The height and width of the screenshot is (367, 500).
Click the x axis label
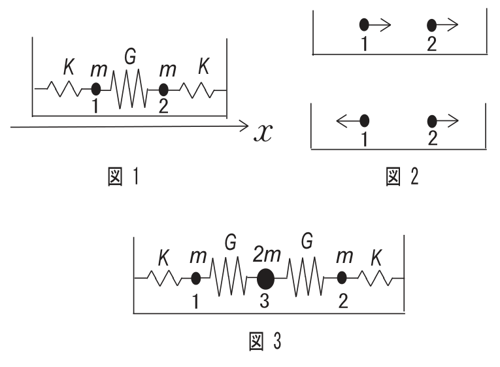263,132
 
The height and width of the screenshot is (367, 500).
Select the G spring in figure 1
129,89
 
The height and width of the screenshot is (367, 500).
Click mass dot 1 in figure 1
95,89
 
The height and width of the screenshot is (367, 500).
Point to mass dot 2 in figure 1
163,90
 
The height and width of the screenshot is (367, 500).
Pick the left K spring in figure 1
64,89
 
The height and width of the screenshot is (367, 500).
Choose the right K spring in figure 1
197,90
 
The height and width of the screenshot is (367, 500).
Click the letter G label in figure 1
130,57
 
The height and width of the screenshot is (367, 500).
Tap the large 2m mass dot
265,279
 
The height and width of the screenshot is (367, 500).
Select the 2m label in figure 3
267,254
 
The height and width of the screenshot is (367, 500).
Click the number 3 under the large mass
264,301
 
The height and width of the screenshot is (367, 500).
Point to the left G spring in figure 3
228,277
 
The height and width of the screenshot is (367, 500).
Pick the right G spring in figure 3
305,277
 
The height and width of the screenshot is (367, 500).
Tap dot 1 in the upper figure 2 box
364,25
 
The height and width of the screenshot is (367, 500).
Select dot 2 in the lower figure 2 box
432,121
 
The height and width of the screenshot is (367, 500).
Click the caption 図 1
124,177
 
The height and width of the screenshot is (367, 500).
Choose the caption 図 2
402,177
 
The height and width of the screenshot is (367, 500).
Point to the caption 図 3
265,341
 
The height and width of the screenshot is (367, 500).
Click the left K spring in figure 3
164,278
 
